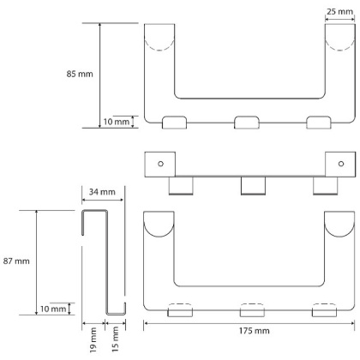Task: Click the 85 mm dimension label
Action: (80, 74)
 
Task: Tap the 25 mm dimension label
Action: (340, 12)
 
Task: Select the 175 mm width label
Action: (255, 331)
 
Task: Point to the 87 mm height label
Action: (16, 261)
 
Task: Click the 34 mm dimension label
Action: (102, 192)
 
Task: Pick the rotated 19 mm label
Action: (93, 340)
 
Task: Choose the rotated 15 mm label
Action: (115, 339)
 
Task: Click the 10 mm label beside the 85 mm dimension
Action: (117, 122)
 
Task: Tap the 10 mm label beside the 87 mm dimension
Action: (53, 309)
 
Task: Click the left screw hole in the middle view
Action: (160, 164)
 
